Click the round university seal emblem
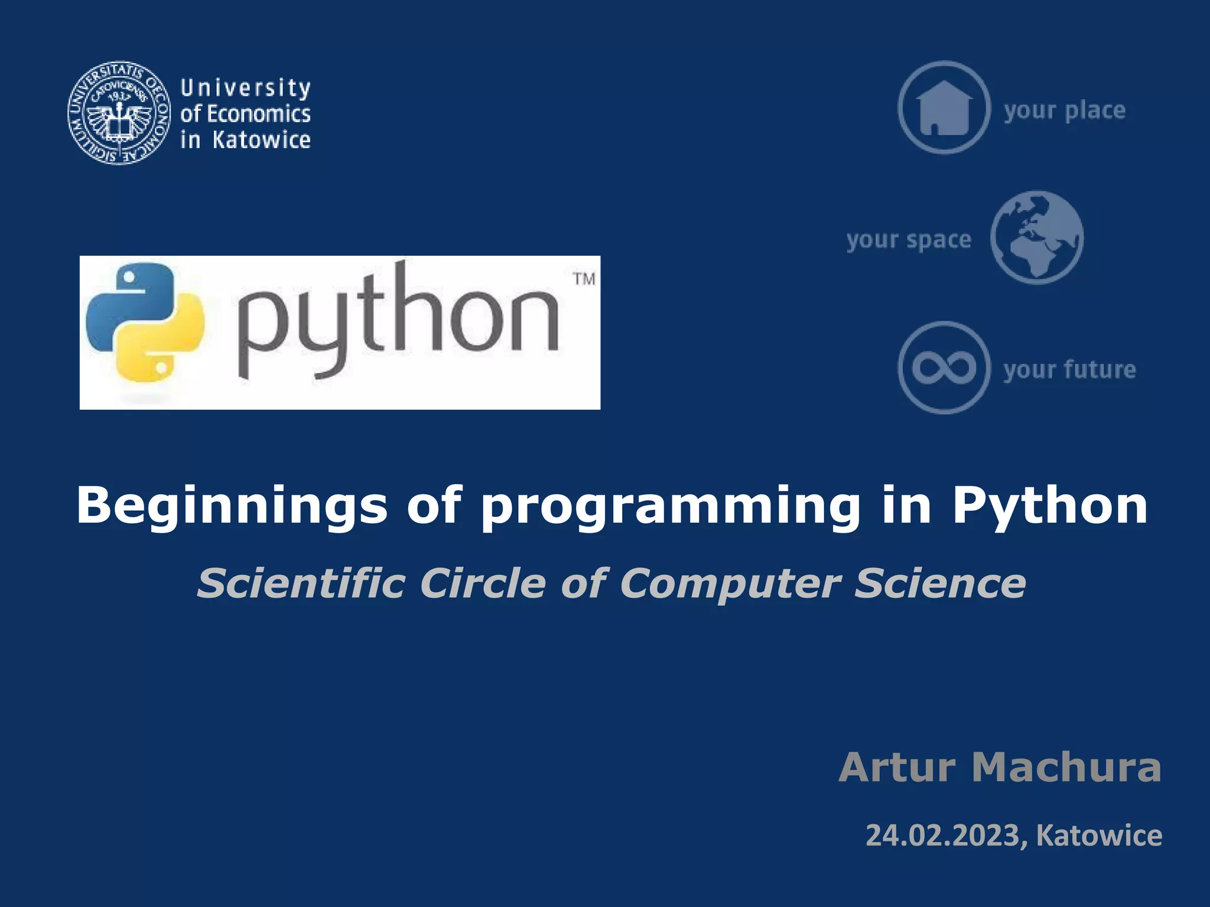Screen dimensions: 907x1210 (119, 113)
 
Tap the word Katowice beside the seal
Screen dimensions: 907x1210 (261, 141)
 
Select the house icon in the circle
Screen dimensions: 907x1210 (944, 107)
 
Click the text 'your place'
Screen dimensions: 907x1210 (1065, 110)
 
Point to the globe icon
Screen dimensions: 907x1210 (1037, 237)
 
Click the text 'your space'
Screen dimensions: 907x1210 (909, 240)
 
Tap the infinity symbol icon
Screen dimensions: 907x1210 (944, 367)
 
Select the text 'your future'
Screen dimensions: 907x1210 (1069, 370)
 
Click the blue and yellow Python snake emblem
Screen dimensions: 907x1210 (145, 322)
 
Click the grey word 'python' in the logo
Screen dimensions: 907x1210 (398, 322)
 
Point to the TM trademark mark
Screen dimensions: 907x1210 (584, 279)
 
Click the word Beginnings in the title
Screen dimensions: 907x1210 (232, 506)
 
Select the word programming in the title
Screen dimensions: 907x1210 (670, 506)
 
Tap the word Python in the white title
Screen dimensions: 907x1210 (1050, 506)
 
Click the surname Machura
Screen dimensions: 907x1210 (1066, 767)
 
